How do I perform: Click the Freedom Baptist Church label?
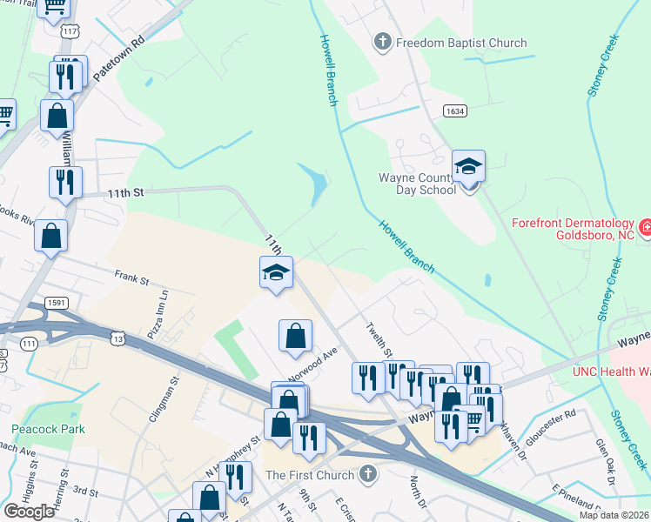pos(461,43)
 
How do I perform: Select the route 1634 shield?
pos(453,111)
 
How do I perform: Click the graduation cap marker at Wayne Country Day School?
pos(468,167)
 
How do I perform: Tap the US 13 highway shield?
pos(118,338)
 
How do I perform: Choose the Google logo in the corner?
pos(29,512)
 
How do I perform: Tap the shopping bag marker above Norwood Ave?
pos(295,336)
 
